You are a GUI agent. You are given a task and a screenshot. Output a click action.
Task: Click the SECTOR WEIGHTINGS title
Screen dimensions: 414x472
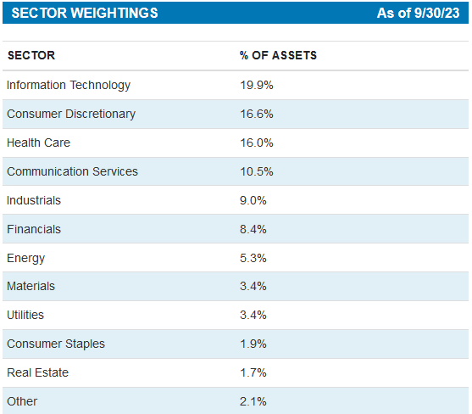click(84, 14)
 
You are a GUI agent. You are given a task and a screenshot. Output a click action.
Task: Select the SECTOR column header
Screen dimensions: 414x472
click(31, 56)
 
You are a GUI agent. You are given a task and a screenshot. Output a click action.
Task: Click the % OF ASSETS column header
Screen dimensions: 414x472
click(278, 56)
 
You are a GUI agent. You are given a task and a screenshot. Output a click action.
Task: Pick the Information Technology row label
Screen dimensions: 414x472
click(69, 85)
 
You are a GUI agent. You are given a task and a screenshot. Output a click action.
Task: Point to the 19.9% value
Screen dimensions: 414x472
click(257, 85)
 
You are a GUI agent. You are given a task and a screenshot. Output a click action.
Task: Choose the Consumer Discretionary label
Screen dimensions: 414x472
click(71, 114)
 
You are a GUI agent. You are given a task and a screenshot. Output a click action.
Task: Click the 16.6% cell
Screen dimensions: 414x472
click(257, 114)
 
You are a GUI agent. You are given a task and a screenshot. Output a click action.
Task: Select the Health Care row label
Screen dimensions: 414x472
click(37, 143)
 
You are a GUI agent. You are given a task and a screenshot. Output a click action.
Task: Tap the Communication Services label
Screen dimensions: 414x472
click(72, 171)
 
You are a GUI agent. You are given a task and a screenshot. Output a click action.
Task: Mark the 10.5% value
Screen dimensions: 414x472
click(257, 171)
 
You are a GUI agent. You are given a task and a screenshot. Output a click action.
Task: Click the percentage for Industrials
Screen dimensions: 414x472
click(253, 200)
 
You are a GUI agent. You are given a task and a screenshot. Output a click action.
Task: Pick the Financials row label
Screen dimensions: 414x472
click(34, 229)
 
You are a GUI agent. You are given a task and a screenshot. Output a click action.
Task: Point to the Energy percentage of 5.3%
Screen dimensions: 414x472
click(253, 258)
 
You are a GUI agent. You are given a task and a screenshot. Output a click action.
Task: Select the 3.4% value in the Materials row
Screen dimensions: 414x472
click(253, 287)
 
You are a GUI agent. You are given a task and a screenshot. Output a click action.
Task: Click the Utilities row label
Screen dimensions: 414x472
click(25, 315)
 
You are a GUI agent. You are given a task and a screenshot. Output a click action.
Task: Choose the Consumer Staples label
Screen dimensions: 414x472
click(55, 344)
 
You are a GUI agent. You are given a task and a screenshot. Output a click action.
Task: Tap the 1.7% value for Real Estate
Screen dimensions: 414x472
click(253, 372)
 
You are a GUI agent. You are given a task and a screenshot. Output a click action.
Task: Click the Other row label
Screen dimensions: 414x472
click(22, 401)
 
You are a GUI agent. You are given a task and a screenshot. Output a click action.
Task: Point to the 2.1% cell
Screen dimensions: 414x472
click(253, 401)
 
